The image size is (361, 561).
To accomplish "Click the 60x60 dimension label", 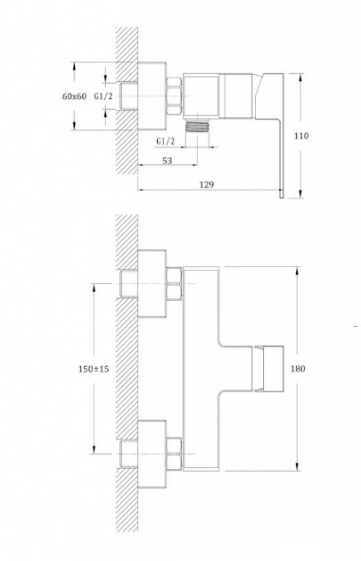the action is [x=74, y=96].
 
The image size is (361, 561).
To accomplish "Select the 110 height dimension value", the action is [x=301, y=136].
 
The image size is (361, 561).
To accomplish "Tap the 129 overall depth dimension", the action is [x=207, y=184].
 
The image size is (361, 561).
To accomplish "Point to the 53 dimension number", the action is [x=167, y=161].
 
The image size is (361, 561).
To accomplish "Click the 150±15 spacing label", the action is [x=94, y=369].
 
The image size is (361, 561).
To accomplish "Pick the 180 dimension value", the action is [x=298, y=369].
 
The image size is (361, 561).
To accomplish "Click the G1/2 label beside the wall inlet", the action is [x=104, y=96].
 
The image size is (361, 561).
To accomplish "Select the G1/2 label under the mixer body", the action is [x=166, y=142].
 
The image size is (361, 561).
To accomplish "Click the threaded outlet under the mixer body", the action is [x=198, y=126].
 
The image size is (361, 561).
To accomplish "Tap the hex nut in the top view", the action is [x=175, y=96].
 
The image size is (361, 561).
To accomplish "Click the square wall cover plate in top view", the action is [x=152, y=96].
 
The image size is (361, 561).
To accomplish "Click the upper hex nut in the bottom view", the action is [x=175, y=283].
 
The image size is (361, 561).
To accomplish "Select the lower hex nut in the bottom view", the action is [x=175, y=454].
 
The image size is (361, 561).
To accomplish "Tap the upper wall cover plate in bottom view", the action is [x=152, y=283].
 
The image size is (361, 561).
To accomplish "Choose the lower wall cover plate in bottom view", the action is [x=152, y=454].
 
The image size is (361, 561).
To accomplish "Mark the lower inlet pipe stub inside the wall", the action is [x=129, y=454].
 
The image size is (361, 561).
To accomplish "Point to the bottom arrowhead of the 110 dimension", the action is [x=300, y=193].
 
